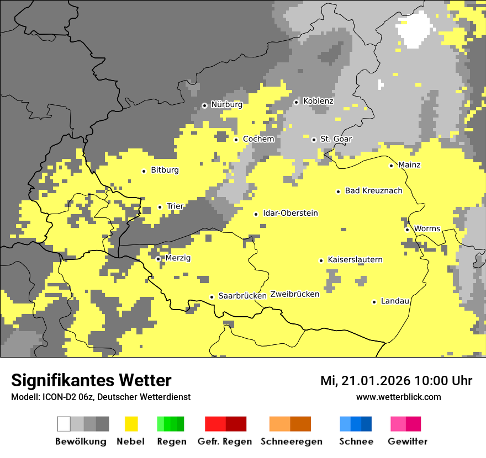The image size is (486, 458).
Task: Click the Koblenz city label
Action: click(x=318, y=101)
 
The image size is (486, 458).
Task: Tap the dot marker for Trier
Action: click(x=160, y=207)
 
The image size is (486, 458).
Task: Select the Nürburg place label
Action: click(x=226, y=104)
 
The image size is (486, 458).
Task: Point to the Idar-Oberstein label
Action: click(x=290, y=213)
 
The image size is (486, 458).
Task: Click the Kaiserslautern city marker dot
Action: click(x=321, y=260)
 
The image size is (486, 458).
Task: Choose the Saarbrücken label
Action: click(x=242, y=296)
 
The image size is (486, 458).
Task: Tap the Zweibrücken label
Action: click(x=295, y=294)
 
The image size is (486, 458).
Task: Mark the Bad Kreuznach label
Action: click(x=373, y=190)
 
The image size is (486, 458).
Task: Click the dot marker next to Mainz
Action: click(x=392, y=166)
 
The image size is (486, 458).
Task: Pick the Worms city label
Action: click(x=427, y=228)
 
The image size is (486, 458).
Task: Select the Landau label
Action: click(x=395, y=301)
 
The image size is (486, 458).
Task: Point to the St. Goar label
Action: click(x=336, y=139)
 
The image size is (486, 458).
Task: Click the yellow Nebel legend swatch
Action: click(x=131, y=424)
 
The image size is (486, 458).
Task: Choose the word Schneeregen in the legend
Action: click(x=292, y=441)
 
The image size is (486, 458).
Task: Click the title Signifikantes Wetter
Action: click(x=91, y=380)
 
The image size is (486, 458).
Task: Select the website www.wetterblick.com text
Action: click(x=398, y=397)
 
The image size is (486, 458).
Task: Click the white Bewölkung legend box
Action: click(x=64, y=424)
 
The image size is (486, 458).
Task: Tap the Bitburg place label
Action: click(x=165, y=170)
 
